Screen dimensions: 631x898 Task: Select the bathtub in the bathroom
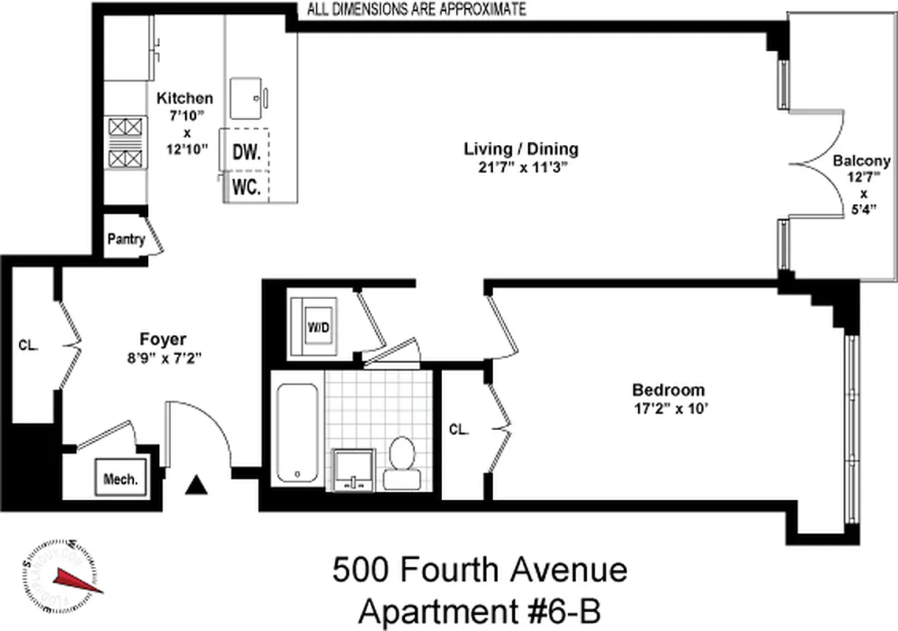coord(298,434)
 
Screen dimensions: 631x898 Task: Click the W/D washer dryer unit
coord(314,326)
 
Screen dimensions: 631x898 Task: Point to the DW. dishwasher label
coord(246,152)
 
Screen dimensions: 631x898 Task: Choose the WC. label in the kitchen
coord(247,189)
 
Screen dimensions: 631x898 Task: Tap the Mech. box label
coord(121,479)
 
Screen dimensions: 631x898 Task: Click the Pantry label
coord(126,240)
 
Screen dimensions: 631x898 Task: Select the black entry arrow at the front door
coord(196,485)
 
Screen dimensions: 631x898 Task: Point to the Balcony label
coord(862,161)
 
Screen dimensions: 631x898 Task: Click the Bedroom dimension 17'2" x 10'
coord(668,409)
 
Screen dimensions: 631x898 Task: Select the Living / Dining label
coord(521,148)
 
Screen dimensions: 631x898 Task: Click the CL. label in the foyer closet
coord(28,345)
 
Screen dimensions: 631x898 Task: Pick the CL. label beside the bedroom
coord(458,430)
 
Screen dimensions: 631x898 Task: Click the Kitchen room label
coord(185,99)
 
